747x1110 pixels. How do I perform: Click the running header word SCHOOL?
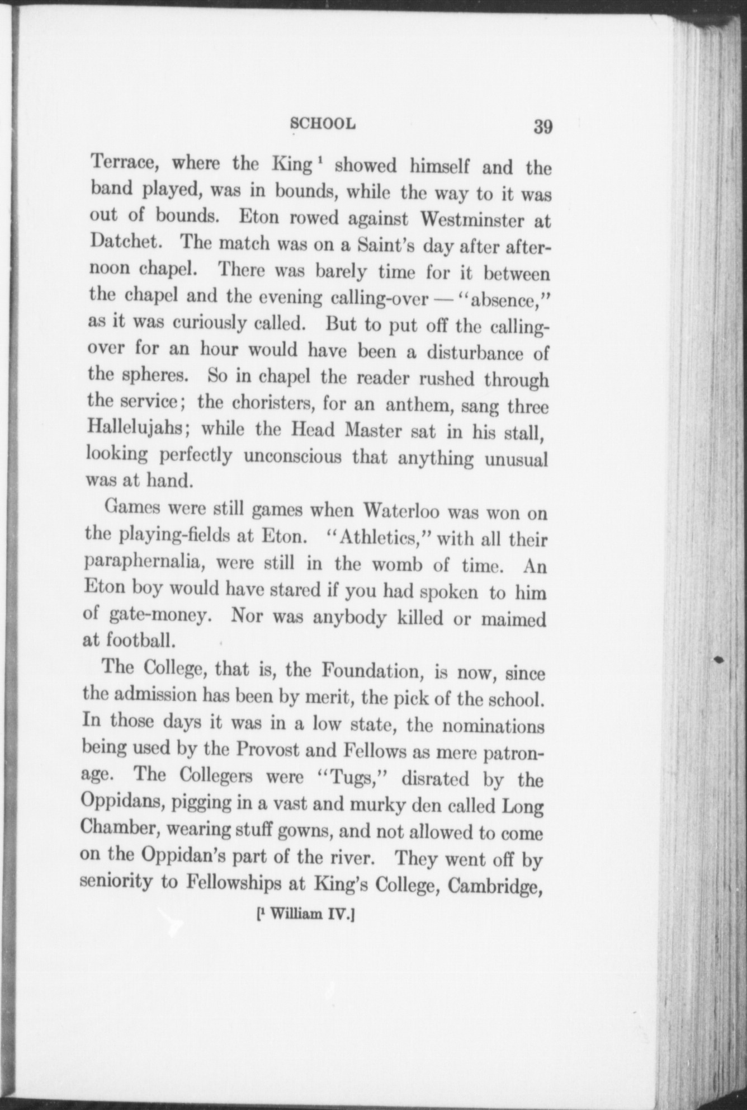click(x=324, y=123)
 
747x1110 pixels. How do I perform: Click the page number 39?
click(x=542, y=126)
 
